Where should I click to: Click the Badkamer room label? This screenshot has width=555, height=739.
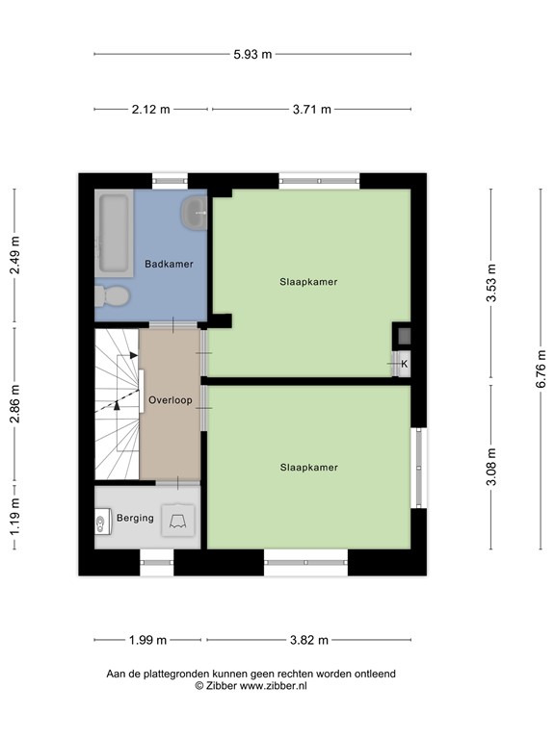click(x=169, y=264)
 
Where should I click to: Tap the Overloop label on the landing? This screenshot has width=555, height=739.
click(x=170, y=399)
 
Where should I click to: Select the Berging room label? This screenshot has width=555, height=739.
click(x=135, y=518)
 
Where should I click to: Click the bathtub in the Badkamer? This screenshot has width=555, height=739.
click(x=114, y=233)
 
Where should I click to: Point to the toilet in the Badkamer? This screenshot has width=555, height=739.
click(x=111, y=296)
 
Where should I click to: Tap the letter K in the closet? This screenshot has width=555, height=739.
click(x=404, y=364)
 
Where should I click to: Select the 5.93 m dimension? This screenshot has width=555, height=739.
click(x=251, y=55)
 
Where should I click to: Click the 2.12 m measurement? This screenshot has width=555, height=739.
click(x=151, y=110)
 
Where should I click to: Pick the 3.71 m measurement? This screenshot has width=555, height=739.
click(x=311, y=110)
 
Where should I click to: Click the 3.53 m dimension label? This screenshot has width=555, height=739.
click(x=491, y=284)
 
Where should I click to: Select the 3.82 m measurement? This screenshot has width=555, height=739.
click(x=309, y=640)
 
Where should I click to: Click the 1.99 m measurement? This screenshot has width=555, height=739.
click(x=147, y=640)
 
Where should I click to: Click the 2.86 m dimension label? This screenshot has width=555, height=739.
click(x=14, y=403)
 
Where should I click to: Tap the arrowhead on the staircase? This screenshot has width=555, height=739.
click(x=118, y=405)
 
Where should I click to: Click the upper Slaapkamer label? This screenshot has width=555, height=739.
click(x=308, y=282)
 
